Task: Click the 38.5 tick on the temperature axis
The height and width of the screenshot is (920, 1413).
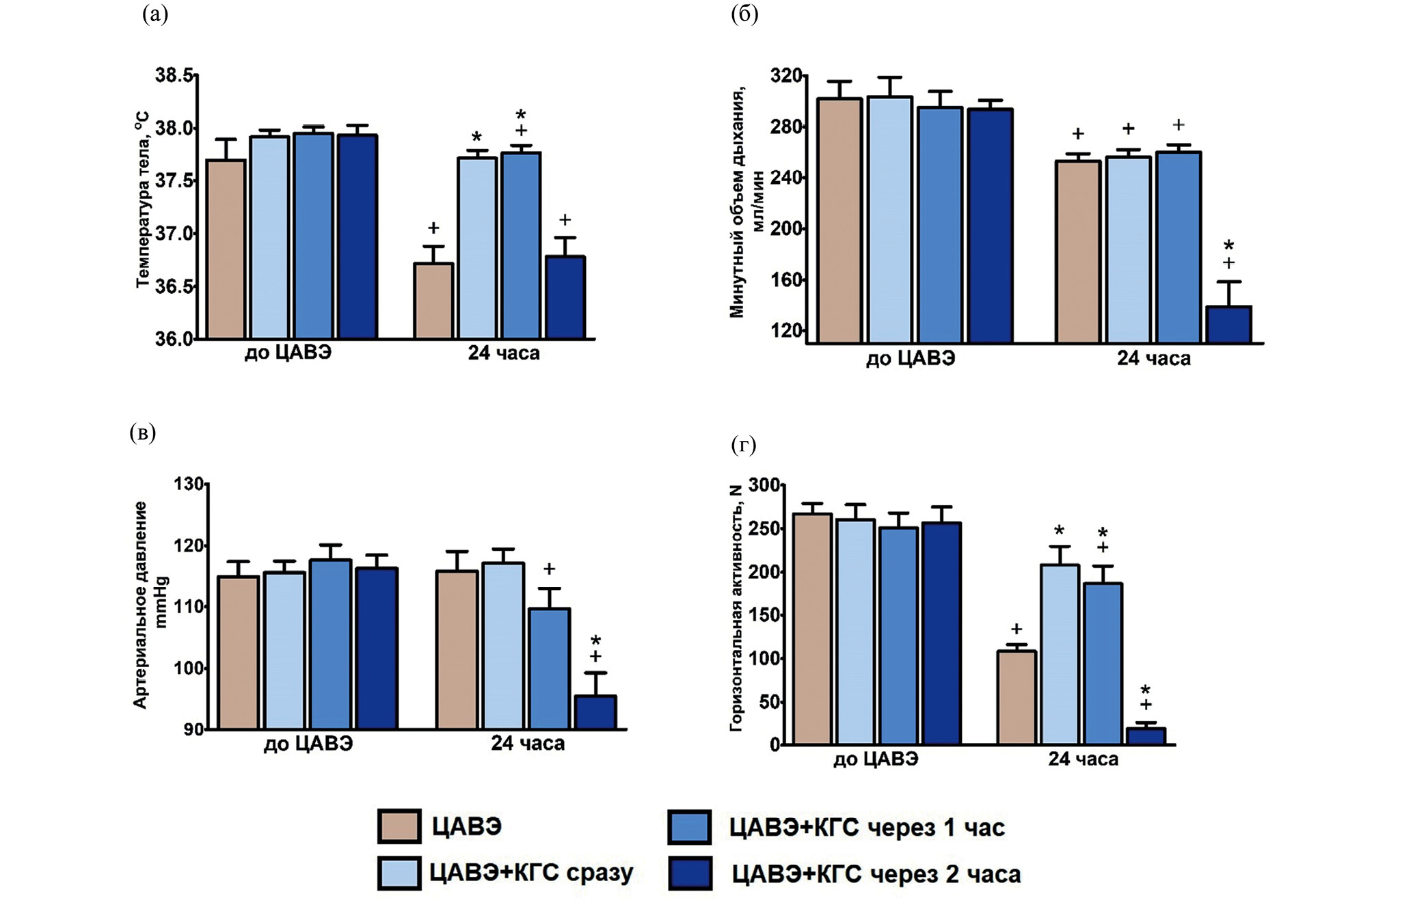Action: coord(174,75)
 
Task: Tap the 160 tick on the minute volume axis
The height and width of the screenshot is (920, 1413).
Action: coord(787,280)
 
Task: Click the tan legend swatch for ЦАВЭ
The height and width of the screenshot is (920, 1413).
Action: coord(399,826)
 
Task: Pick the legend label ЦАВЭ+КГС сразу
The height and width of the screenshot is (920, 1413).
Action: coord(531,873)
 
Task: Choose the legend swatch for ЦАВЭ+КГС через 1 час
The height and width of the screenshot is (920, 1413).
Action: coord(690,826)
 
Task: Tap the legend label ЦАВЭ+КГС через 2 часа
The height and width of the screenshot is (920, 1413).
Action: coord(876,874)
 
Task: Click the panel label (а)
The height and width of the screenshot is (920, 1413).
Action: coord(155,15)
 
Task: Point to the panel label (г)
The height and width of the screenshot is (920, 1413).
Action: coord(744,446)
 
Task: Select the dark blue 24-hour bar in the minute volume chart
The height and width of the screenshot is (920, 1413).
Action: coord(1228,325)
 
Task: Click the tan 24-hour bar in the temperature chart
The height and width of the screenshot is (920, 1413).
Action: coord(433,301)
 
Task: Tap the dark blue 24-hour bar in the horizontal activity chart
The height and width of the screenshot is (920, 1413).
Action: coord(1146,736)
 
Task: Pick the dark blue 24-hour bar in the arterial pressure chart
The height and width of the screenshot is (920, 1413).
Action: coord(595,712)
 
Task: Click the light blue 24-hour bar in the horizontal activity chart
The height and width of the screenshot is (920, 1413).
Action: coord(1060,654)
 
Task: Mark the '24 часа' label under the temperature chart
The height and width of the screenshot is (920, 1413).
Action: coord(504,353)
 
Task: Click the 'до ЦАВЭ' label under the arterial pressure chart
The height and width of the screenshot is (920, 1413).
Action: coord(308,744)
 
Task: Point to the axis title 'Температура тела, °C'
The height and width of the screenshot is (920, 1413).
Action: coord(142,200)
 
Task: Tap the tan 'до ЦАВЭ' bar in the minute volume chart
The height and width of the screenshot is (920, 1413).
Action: coord(839,220)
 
